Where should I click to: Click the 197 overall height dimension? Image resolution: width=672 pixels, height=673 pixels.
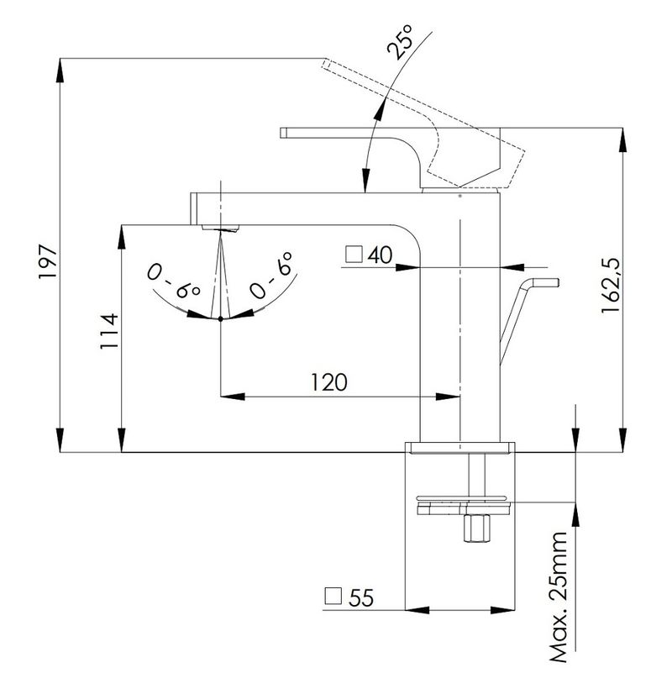coord(48,262)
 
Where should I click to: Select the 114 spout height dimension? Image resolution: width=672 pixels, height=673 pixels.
coord(109,331)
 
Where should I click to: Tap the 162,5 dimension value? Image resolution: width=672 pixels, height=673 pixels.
coord(611,285)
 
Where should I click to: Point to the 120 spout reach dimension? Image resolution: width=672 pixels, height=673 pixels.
coord(328,382)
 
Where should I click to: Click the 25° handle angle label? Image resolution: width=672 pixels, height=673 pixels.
coord(400,42)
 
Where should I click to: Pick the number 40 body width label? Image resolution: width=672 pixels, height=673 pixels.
coord(380,255)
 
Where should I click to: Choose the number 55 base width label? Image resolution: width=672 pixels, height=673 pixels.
coord(361,597)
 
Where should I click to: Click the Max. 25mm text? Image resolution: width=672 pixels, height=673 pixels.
coord(559,598)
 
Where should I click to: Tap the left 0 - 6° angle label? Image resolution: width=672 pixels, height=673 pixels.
coord(174,281)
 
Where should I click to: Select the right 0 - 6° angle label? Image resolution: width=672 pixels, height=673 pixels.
coord(271,275)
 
